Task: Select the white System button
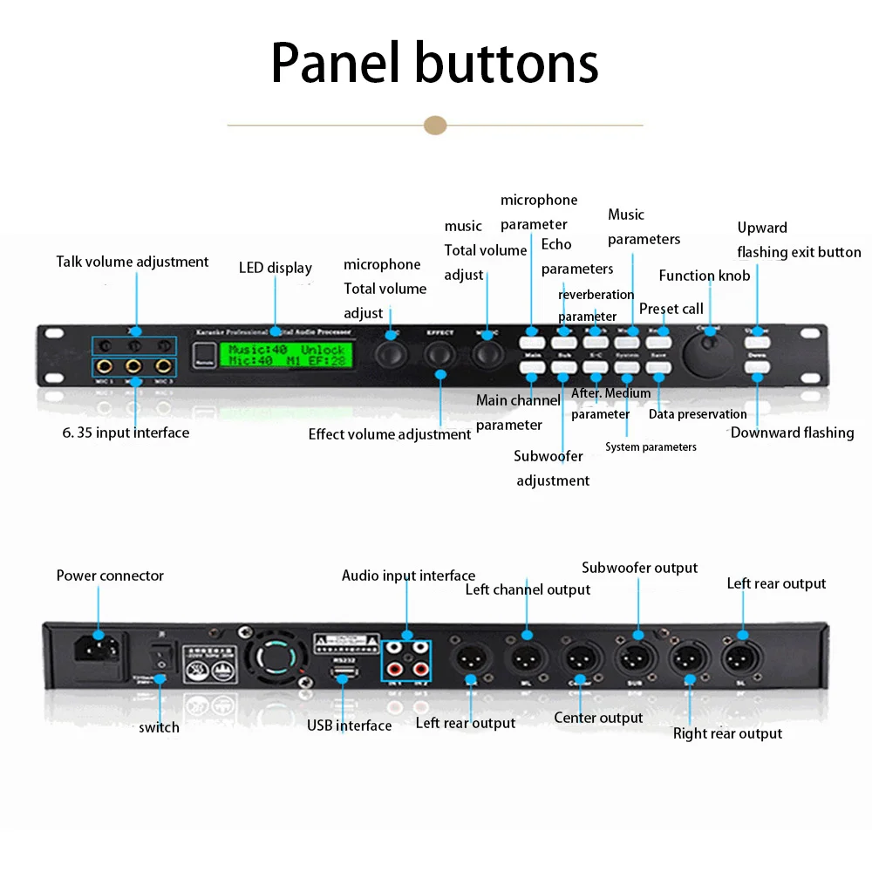point(627,368)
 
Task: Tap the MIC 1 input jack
point(106,367)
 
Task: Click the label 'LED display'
point(275,268)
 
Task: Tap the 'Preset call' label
point(671,309)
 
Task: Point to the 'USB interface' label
point(349,726)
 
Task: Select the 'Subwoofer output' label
point(639,568)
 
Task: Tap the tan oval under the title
point(435,125)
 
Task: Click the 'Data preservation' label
point(698,414)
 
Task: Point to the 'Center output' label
point(598,718)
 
